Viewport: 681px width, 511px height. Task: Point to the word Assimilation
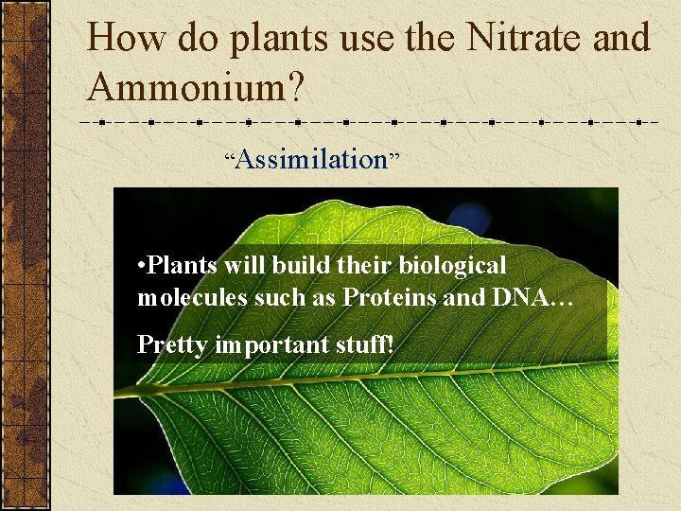click(311, 160)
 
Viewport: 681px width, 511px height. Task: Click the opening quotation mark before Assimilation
click(229, 154)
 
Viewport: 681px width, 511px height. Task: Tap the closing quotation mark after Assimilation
click(394, 154)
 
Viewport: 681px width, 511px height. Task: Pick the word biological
click(452, 266)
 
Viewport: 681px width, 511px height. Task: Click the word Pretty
click(172, 345)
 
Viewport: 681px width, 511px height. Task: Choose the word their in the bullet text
click(365, 266)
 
